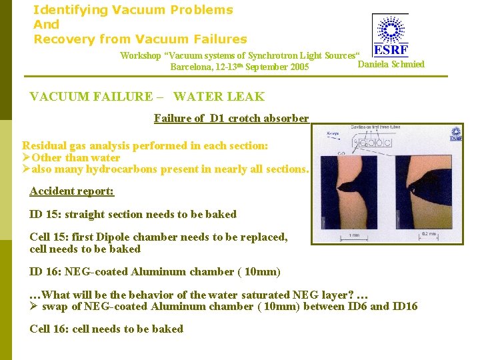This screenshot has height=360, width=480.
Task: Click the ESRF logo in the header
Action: pyautogui.click(x=391, y=35)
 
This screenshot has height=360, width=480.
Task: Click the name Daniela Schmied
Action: pyautogui.click(x=391, y=65)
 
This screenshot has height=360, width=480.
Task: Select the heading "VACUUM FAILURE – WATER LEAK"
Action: pyautogui.click(x=147, y=97)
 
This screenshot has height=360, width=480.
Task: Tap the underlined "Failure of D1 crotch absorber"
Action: pyautogui.click(x=231, y=119)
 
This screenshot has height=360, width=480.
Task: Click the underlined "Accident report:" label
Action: pyautogui.click(x=72, y=191)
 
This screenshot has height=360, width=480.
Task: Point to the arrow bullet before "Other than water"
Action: pyautogui.click(x=27, y=158)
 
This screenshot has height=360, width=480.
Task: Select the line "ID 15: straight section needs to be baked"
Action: pyautogui.click(x=133, y=215)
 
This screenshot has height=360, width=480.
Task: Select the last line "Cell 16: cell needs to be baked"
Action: pyautogui.click(x=106, y=329)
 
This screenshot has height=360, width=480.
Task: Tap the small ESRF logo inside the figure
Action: pyautogui.click(x=455, y=133)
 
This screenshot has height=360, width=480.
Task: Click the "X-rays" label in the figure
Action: pyautogui.click(x=333, y=133)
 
